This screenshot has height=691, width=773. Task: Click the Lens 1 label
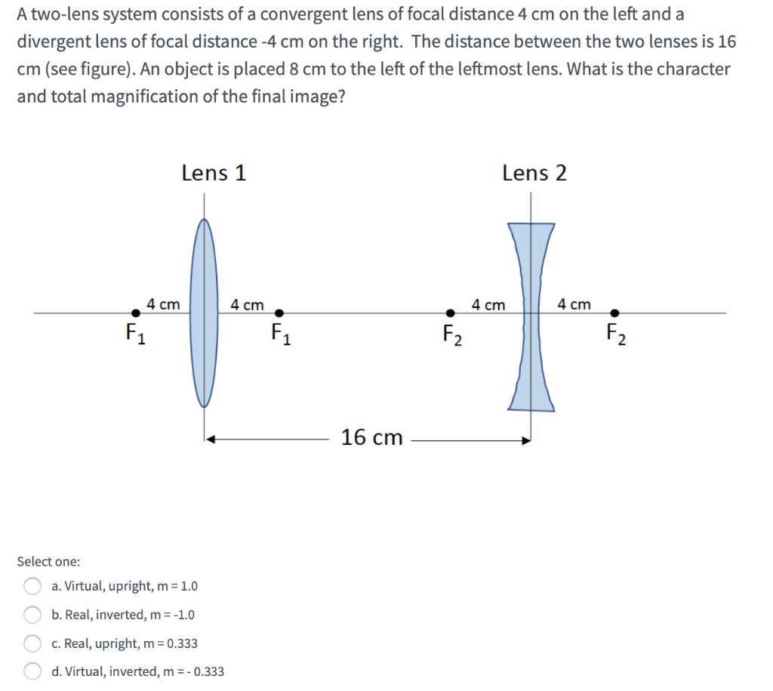coord(214,173)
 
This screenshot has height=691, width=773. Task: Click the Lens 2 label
coord(534,173)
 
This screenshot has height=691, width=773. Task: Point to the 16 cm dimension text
coord(371,437)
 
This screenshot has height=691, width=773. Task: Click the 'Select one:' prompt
coord(48,562)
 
